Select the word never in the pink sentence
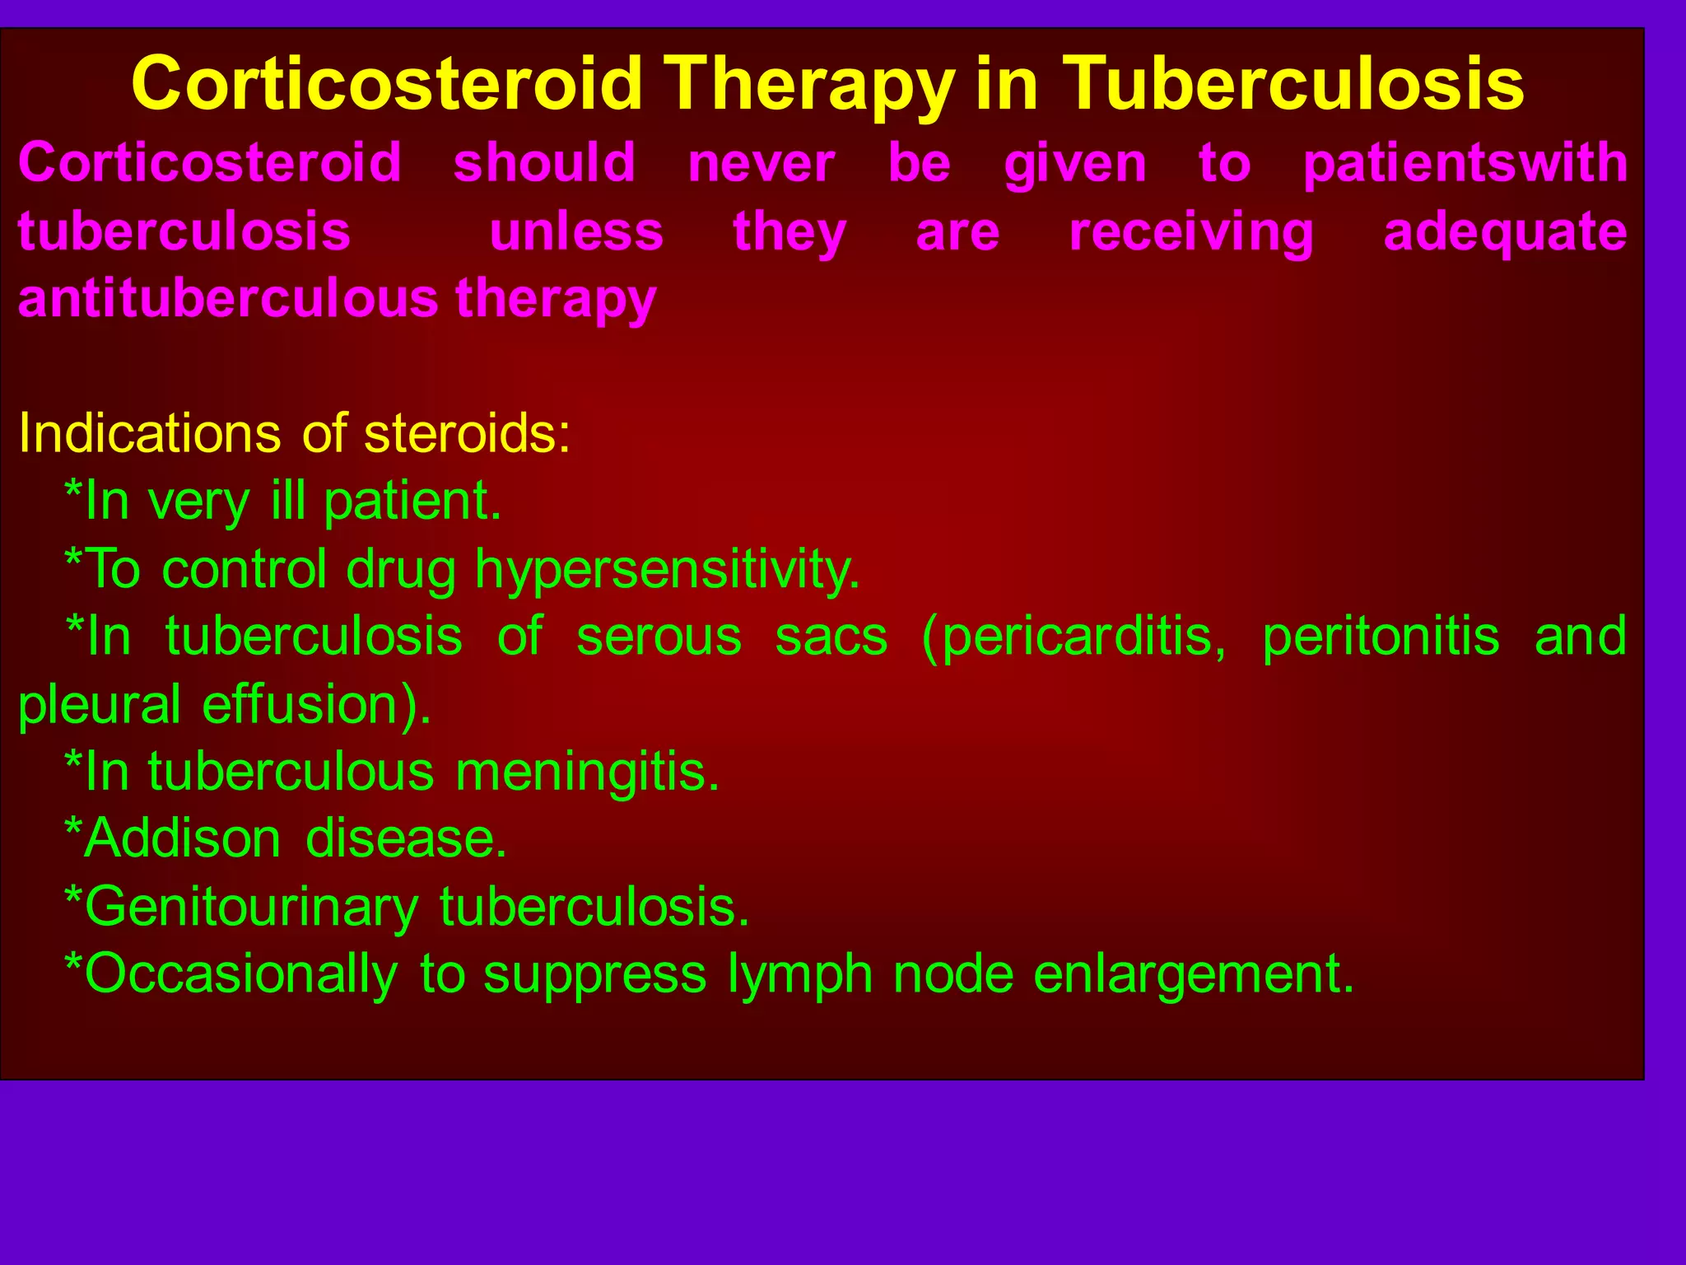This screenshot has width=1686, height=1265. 761,163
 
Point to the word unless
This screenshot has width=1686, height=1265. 576,232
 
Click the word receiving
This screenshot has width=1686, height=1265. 1191,232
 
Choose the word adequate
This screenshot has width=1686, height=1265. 1505,232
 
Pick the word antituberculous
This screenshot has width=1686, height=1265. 228,298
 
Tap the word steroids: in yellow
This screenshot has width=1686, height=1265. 467,433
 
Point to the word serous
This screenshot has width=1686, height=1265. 659,637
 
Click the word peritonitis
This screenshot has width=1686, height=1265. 1381,637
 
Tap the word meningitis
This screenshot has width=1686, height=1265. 587,773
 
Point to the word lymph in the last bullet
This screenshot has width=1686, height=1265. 800,975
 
